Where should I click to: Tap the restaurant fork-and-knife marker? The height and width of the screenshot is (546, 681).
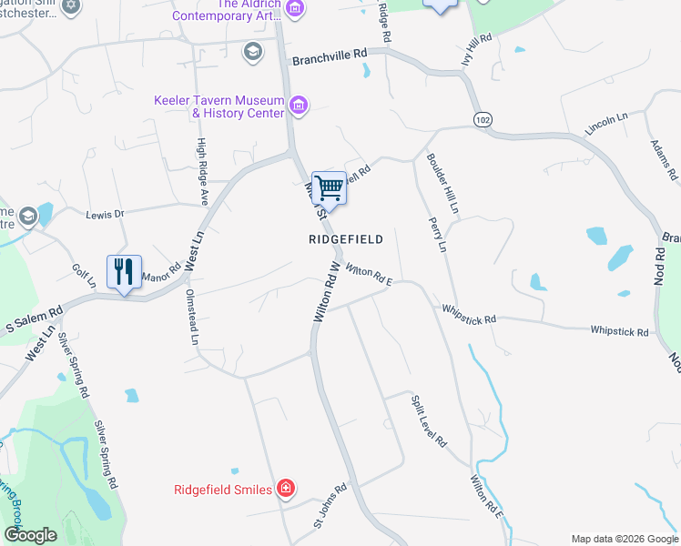click(124, 271)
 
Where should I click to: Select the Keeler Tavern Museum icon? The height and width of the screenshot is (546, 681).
click(297, 106)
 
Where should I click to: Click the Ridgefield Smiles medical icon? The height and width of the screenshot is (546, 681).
click(286, 490)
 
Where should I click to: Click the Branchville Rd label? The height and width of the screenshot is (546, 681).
click(329, 57)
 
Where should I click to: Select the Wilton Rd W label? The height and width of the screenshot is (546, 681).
click(326, 292)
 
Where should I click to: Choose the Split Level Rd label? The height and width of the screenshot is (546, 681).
click(428, 420)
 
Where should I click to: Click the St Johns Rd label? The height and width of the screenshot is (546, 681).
click(331, 505)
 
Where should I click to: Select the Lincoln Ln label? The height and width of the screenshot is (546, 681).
click(606, 125)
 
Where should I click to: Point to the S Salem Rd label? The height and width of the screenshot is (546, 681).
click(33, 318)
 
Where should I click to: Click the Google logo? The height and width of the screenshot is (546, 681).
click(30, 534)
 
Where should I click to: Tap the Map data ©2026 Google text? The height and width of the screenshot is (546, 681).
click(624, 539)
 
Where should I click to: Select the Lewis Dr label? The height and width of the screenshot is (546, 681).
click(104, 215)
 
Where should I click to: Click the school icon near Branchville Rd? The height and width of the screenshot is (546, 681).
click(251, 51)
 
